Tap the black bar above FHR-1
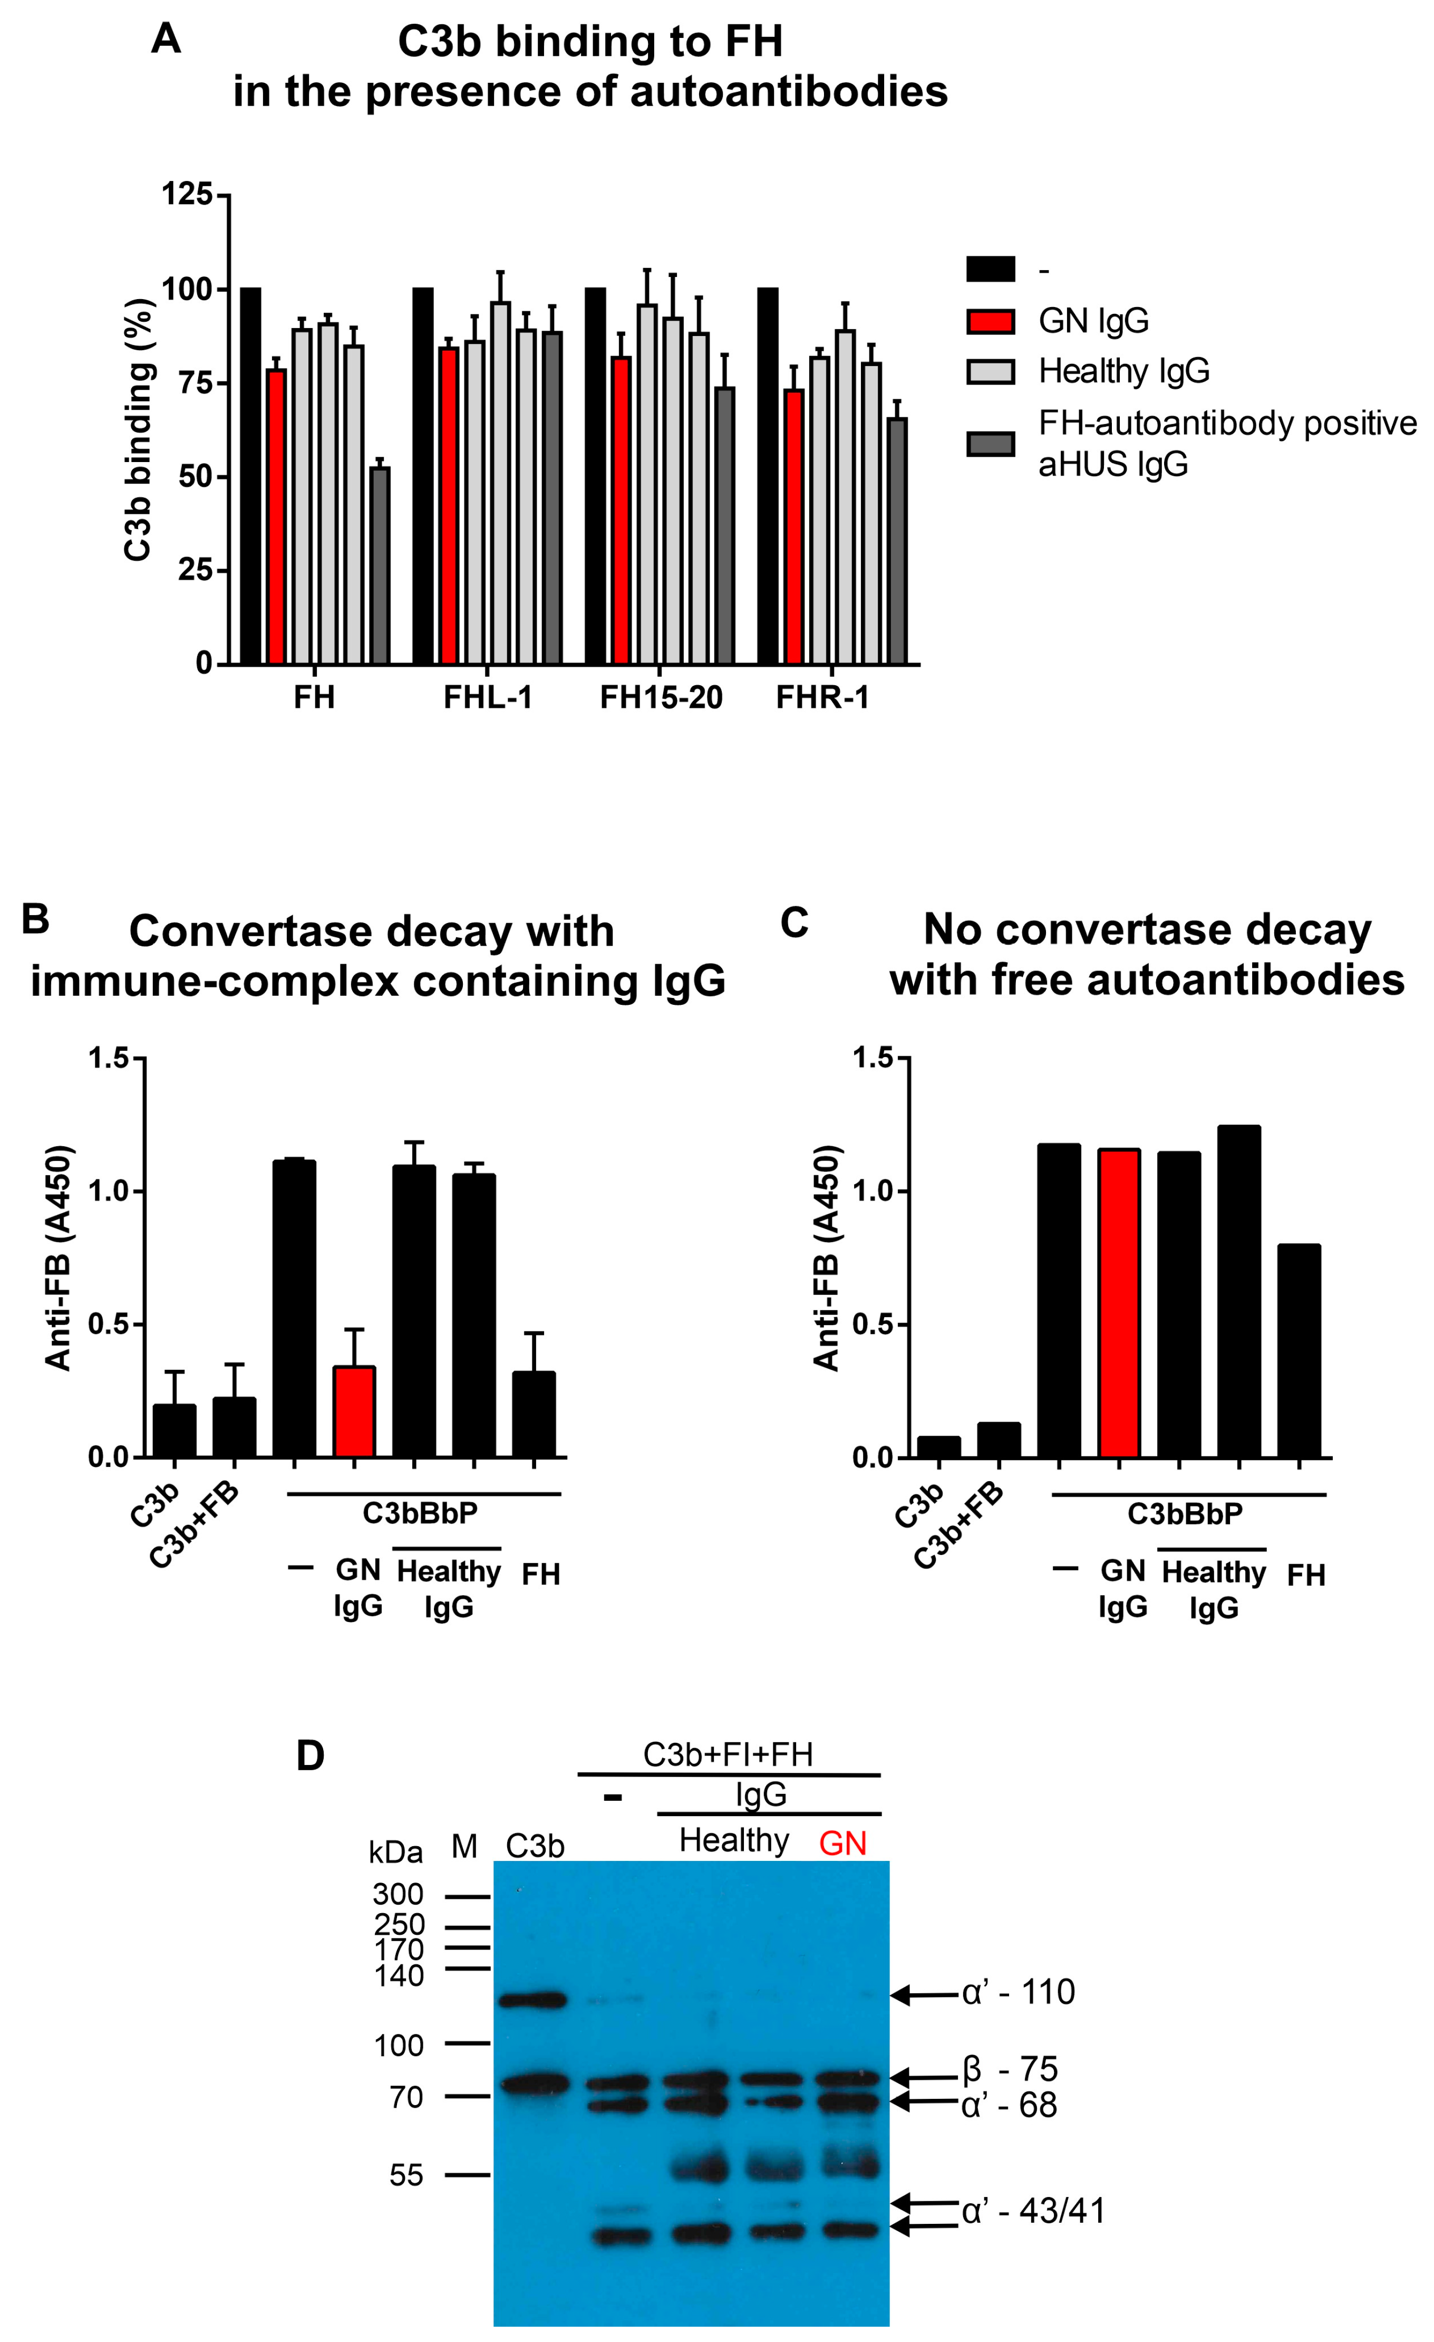(x=768, y=475)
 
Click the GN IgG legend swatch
(x=990, y=321)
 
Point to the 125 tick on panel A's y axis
(x=187, y=195)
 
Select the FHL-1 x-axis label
(x=488, y=698)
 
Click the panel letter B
(x=35, y=919)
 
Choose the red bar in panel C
(x=1119, y=1303)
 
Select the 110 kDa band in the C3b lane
(x=533, y=1999)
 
